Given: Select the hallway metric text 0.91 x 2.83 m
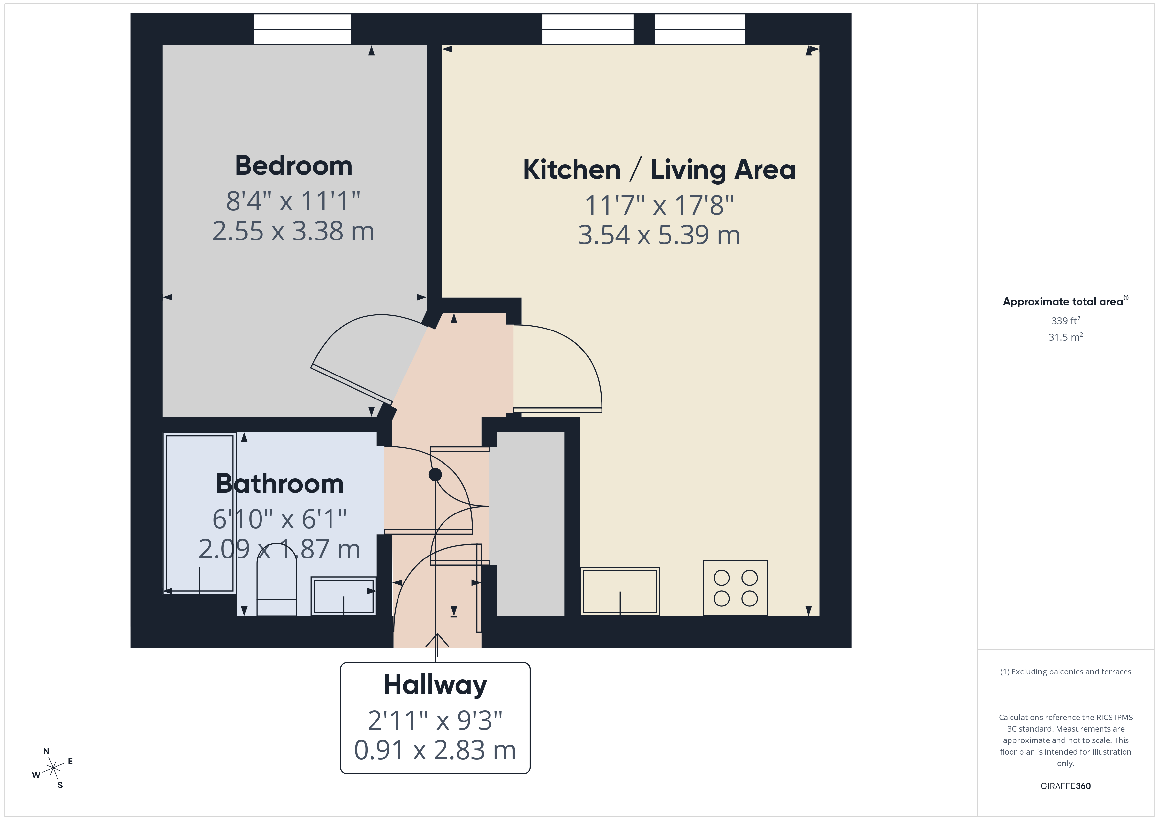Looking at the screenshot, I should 435,750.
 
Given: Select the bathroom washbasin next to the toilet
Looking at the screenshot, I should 343,596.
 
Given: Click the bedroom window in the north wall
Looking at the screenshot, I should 302,29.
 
